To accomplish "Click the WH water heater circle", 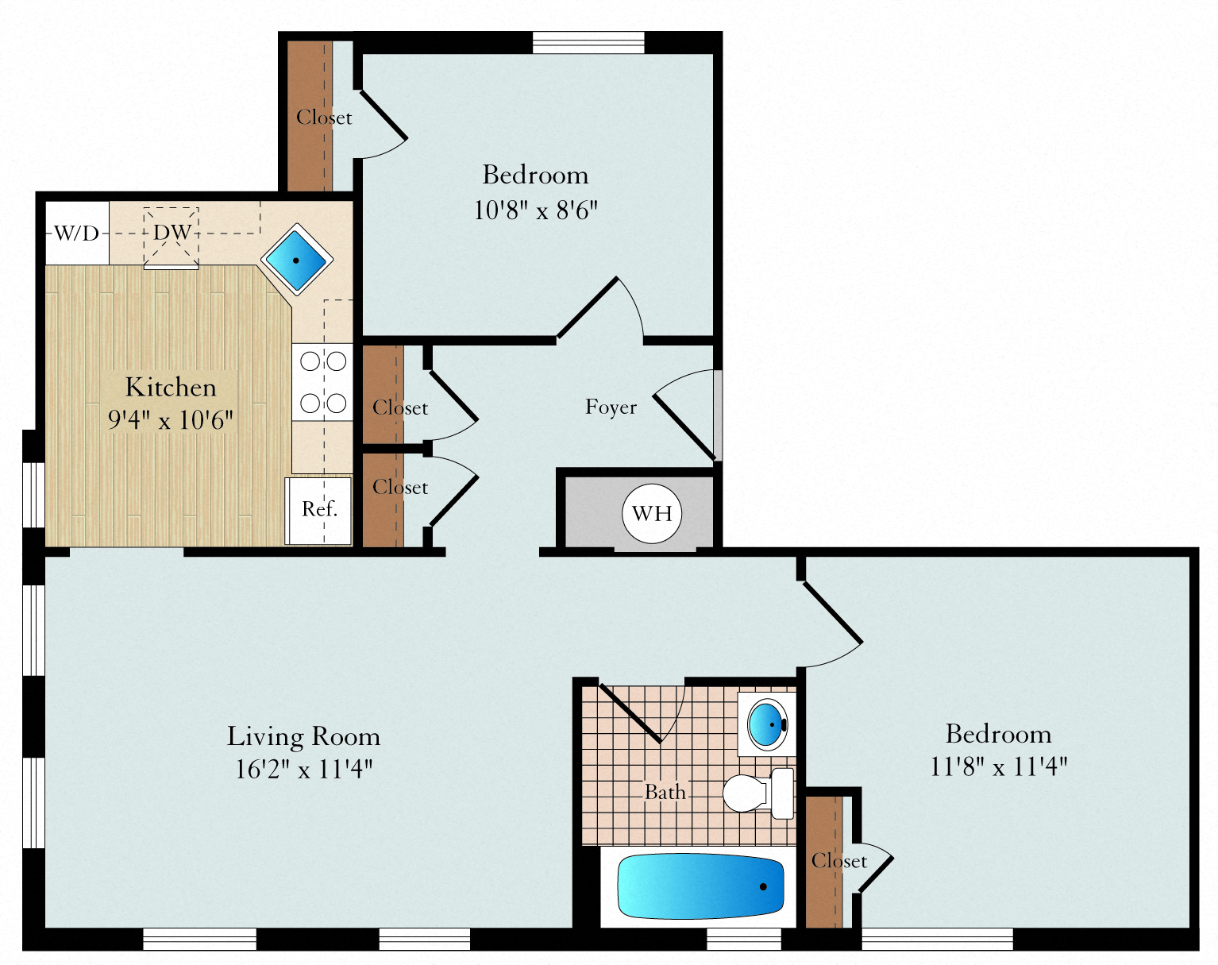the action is pyautogui.click(x=651, y=514).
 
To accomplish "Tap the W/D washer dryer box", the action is pyautogui.click(x=77, y=233).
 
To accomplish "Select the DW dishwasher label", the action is pyautogui.click(x=172, y=232).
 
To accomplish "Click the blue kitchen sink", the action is pyautogui.click(x=297, y=260).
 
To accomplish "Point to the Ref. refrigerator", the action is pyautogui.click(x=318, y=511).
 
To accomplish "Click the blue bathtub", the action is pyautogui.click(x=700, y=886).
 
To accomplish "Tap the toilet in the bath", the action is pyautogui.click(x=759, y=793).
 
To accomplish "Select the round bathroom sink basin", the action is pyautogui.click(x=767, y=724).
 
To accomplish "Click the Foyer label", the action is pyautogui.click(x=611, y=407).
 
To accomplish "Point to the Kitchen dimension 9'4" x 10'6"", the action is pyautogui.click(x=171, y=420).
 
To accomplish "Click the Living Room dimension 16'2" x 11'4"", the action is pyautogui.click(x=304, y=769).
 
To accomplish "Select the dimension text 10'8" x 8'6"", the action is pyautogui.click(x=535, y=210).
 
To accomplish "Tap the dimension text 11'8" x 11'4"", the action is pyautogui.click(x=999, y=766).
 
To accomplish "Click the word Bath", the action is pyautogui.click(x=665, y=792).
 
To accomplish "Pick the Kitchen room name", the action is pyautogui.click(x=171, y=388).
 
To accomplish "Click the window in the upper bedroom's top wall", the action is pyautogui.click(x=588, y=42).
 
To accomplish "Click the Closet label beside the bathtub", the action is pyautogui.click(x=838, y=861).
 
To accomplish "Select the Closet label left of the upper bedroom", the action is pyautogui.click(x=324, y=118).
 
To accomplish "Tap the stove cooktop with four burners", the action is pyautogui.click(x=322, y=382).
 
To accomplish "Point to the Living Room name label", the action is pyautogui.click(x=304, y=737).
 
